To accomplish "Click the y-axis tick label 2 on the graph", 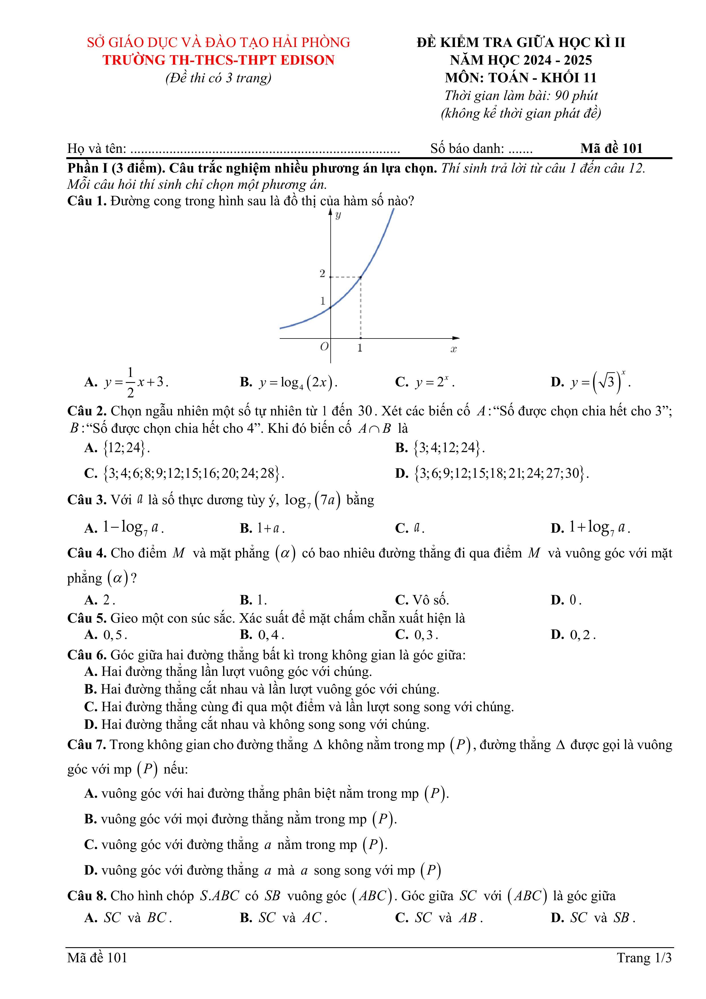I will pos(322,274).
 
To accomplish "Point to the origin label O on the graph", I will pos(324,347).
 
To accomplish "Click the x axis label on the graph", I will pos(454,349).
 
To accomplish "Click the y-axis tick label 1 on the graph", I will pos(323,301).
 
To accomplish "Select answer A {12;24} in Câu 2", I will pos(117,448).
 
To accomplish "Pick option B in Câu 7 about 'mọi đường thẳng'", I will pos(240,819).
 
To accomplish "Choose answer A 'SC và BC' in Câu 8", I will pos(128,918).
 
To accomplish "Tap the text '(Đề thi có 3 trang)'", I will pos(218,78).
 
